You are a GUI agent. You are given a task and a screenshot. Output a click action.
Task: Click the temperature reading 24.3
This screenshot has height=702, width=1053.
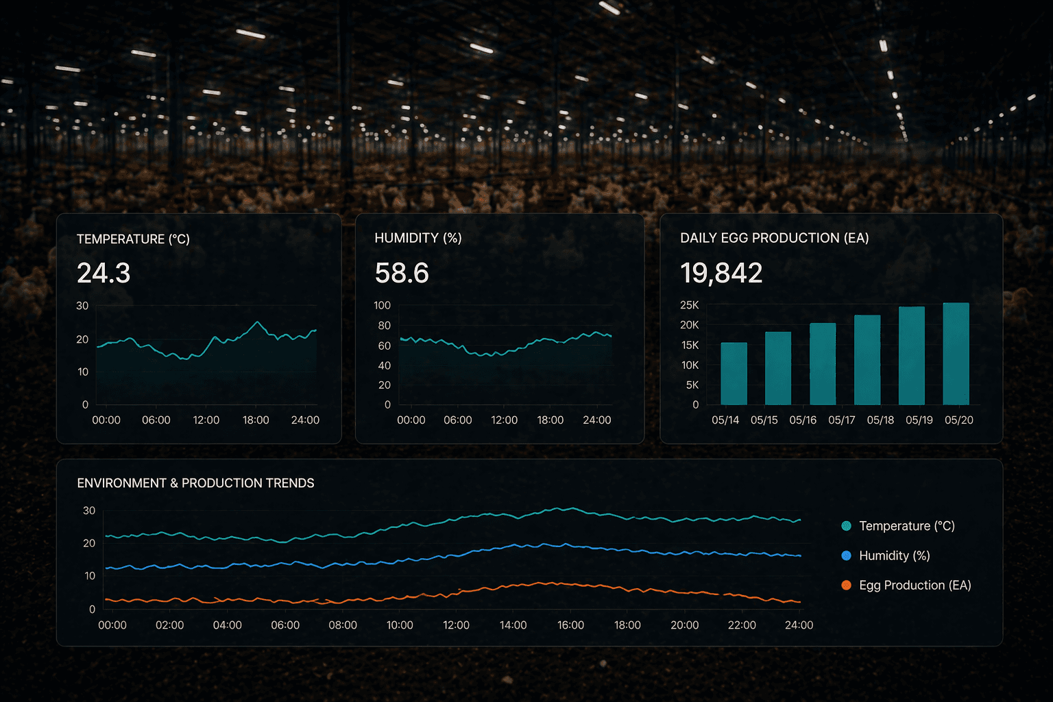tap(104, 273)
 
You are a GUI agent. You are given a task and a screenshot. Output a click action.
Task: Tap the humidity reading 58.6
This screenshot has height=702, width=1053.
tap(402, 273)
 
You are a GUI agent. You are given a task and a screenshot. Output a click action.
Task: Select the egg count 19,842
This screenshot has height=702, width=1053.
tap(721, 273)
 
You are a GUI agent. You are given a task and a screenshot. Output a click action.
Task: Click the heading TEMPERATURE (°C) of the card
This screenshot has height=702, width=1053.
tap(133, 239)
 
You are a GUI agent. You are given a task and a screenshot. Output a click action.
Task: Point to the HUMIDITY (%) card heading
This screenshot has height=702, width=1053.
tap(418, 238)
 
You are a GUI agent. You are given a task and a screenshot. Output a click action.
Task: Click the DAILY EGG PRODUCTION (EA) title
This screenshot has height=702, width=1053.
tap(774, 238)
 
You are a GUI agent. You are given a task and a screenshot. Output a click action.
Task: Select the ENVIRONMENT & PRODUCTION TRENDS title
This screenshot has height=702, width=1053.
tap(195, 483)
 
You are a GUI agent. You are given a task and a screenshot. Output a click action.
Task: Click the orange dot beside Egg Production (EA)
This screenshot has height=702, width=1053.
tap(846, 585)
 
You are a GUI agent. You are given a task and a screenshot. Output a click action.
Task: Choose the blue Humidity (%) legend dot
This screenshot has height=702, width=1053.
tap(846, 555)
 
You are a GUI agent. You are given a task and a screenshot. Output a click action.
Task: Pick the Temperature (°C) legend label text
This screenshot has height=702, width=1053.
tap(906, 526)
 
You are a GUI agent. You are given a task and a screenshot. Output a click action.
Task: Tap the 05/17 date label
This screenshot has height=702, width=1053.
tap(841, 420)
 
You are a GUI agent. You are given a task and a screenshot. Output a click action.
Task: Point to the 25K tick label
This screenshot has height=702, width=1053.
tap(689, 305)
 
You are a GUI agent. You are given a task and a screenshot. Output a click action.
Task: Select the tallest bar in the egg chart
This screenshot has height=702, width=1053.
tap(956, 353)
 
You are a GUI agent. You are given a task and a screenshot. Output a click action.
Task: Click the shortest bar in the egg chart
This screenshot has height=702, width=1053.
tap(734, 374)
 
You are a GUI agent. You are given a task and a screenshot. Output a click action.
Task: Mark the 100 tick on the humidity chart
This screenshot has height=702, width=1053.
tap(382, 305)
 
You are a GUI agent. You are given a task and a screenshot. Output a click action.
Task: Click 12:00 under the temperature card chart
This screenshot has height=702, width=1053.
tap(206, 420)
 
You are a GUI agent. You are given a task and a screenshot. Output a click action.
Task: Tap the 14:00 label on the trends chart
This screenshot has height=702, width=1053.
tap(513, 625)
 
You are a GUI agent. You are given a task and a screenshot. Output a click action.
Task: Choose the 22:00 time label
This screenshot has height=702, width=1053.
tap(742, 625)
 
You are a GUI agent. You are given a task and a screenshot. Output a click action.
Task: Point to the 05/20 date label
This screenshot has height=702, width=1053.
tap(958, 420)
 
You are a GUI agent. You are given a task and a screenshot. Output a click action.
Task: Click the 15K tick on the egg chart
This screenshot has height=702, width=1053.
tap(690, 345)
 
